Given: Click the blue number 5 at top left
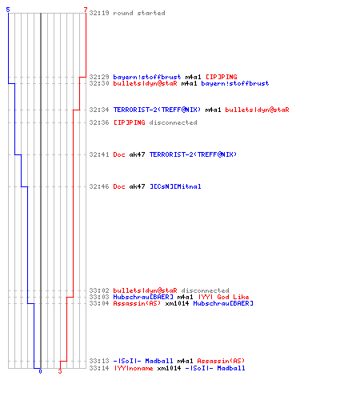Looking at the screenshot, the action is pos(8,10).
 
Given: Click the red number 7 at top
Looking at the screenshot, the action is pos(86,10).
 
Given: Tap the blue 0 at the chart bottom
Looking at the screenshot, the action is pos(40,371).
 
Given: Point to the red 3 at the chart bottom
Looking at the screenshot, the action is pos(60,371).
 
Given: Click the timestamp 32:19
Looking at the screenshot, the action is pos(99,13).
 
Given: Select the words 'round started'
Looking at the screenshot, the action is pos(139,13).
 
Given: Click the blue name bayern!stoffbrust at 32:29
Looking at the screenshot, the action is pos(147,77).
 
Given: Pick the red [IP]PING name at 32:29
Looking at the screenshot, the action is pos(222,77).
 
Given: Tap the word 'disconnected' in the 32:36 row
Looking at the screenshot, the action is pos(173,122).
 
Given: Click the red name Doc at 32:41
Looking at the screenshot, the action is pos(119,154).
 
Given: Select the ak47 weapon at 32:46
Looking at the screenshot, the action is pos(137,186).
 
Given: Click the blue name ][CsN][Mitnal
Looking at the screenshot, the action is pos(175,186).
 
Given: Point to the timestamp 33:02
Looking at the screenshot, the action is pos(99,290).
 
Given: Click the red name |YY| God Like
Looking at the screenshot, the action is pos(223,297).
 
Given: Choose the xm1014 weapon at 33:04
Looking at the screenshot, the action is pos(177,303).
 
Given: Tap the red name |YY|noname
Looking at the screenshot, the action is pos(134,368).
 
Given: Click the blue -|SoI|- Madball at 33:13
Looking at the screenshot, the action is pos(143,361).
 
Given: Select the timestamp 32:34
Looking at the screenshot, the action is pos(99,110).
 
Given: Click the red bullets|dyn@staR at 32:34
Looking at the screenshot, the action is pos(257,110).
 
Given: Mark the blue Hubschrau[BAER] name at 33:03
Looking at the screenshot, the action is pos(143,297).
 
